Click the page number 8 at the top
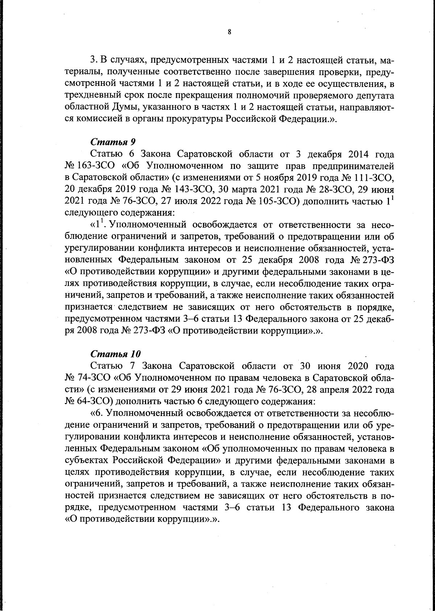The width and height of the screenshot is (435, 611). coord(229,32)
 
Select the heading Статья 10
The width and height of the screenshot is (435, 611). coord(115,353)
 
